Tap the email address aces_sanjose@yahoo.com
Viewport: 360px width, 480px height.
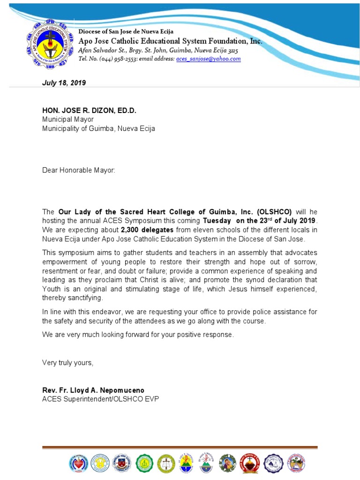[x=208, y=59]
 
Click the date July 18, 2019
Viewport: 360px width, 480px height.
[x=64, y=83]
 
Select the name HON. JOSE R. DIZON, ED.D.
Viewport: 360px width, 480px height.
[x=89, y=111]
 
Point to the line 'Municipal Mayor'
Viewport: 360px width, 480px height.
[x=68, y=120]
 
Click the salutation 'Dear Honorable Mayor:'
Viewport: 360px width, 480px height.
[x=78, y=170]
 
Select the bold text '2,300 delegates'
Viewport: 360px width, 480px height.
[x=147, y=230]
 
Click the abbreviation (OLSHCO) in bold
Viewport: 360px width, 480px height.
[x=274, y=212]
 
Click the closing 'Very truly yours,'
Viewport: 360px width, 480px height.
[x=67, y=362]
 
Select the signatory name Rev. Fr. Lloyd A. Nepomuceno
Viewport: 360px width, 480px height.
[x=93, y=390]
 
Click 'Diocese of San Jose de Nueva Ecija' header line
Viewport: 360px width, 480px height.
[x=126, y=31]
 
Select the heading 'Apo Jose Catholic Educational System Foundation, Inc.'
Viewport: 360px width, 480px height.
[x=170, y=41]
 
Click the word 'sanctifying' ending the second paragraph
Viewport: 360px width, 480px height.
[x=84, y=298]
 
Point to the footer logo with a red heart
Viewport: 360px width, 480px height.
[x=78, y=463]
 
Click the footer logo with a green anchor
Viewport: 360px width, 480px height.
[x=144, y=463]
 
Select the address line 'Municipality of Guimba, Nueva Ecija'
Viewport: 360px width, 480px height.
[x=98, y=128]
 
